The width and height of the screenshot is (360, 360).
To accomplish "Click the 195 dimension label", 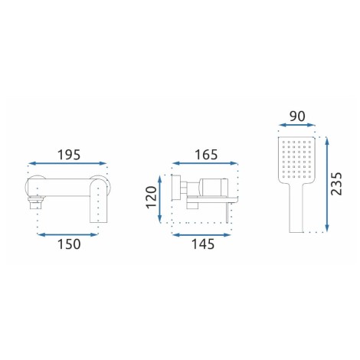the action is pyautogui.click(x=69, y=155).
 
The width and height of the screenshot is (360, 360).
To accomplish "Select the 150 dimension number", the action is pyautogui.click(x=69, y=244).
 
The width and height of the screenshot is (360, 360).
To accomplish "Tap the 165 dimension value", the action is pyautogui.click(x=206, y=155).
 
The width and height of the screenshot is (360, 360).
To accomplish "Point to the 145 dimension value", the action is pyautogui.click(x=203, y=244).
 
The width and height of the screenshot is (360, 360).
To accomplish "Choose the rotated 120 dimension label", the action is pyautogui.click(x=151, y=198).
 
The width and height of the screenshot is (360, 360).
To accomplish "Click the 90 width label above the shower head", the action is pyautogui.click(x=297, y=116).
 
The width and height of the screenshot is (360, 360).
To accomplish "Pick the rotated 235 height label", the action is pyautogui.click(x=336, y=184).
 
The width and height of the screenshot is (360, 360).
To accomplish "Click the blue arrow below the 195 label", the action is pyautogui.click(x=67, y=163).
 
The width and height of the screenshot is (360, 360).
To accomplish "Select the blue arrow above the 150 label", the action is pyautogui.click(x=67, y=234).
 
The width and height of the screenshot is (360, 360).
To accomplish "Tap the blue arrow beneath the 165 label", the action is pyautogui.click(x=205, y=163).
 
